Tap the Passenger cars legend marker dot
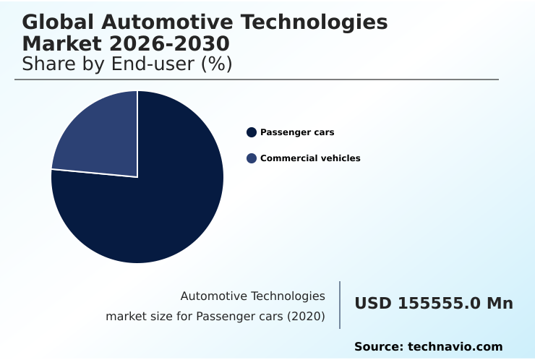pos(252,132)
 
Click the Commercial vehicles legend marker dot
pos(252,158)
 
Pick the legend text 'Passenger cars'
pos(297,132)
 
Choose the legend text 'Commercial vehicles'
pos(310,158)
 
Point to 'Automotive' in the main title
pos(176,22)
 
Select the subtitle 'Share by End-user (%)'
pos(127,64)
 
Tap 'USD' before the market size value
pos(373,304)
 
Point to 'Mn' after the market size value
pos(500,304)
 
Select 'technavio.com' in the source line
pos(455,347)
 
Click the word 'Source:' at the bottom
pos(378,347)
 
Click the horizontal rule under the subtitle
pos(257,80)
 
